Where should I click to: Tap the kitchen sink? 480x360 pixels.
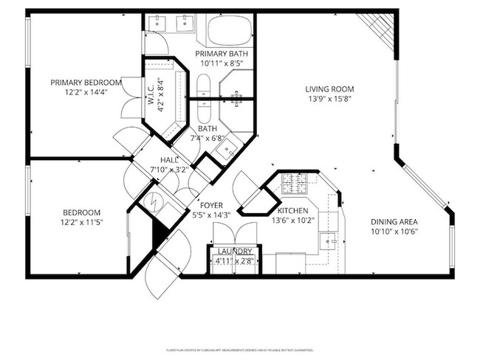[x=330, y=240]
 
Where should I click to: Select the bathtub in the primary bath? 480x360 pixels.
[x=230, y=32]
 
